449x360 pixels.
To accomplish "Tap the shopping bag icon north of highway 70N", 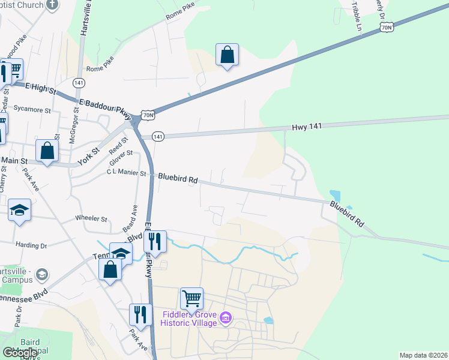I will [x=228, y=55].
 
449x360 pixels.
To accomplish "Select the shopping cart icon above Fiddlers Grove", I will [x=191, y=298].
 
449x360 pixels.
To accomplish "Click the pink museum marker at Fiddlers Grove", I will [x=225, y=317].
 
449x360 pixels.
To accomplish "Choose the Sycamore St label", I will [x=32, y=110].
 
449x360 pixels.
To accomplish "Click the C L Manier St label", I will [x=126, y=173].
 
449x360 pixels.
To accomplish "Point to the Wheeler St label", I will [x=91, y=219].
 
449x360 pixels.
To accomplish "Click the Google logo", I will [x=20, y=353].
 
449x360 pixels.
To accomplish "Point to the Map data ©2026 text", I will [x=423, y=355].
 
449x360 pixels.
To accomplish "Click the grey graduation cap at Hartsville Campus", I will [x=41, y=275].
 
